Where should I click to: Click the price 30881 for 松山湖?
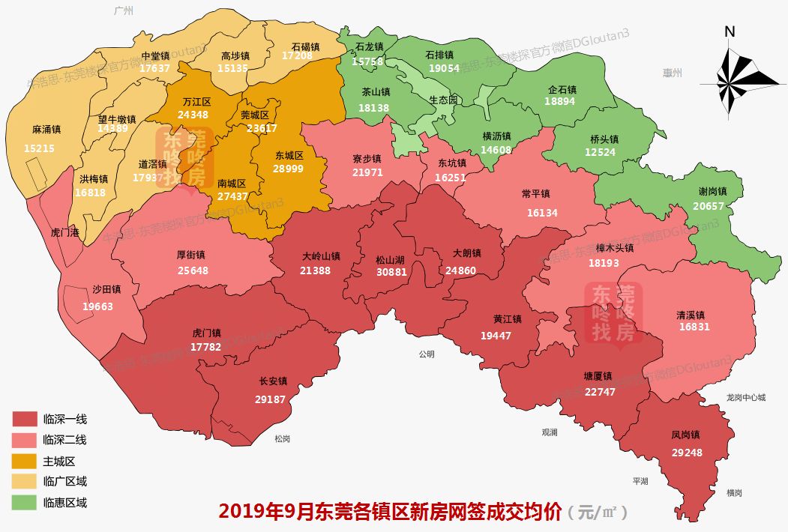(x=391, y=272)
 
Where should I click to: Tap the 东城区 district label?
(x=289, y=156)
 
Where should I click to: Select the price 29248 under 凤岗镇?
(x=687, y=453)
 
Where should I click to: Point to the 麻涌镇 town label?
(x=46, y=130)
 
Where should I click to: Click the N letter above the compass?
(x=730, y=31)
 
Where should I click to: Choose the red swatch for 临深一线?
(x=25, y=419)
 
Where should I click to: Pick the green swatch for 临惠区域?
(x=25, y=503)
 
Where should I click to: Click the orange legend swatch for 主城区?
(x=25, y=461)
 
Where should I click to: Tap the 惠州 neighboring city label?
(x=673, y=73)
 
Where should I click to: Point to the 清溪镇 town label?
(x=694, y=315)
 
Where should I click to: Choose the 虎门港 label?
(x=65, y=232)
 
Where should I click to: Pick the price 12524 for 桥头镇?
(x=600, y=153)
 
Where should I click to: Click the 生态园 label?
(x=443, y=100)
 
